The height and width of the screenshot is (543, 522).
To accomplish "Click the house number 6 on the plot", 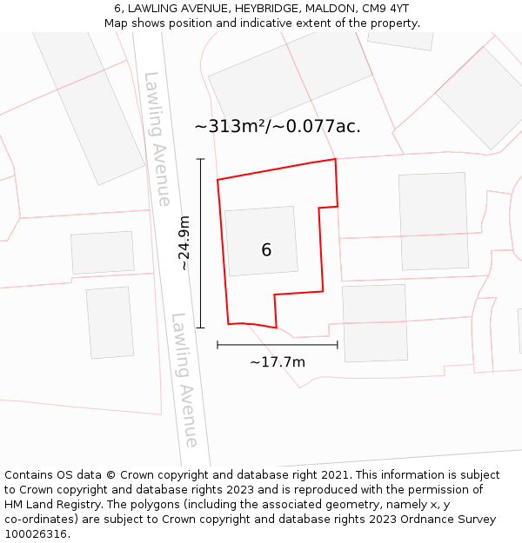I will (x=266, y=250).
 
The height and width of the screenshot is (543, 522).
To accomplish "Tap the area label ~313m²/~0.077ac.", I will (x=277, y=127).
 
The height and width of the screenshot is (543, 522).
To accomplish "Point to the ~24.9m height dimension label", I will (x=184, y=243).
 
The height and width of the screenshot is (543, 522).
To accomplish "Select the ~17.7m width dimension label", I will (x=278, y=361).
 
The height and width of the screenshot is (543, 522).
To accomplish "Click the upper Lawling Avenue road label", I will (x=157, y=139).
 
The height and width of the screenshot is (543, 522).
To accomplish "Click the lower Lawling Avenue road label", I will (x=185, y=380).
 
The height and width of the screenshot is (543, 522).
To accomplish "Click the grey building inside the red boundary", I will (x=261, y=241).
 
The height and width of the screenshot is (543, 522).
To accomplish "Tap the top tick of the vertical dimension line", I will (x=201, y=159).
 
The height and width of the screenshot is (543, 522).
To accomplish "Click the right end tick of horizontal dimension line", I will (x=338, y=345).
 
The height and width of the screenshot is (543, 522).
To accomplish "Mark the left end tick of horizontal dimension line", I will (x=217, y=345).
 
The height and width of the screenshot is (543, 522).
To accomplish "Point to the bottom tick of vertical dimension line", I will (x=201, y=328).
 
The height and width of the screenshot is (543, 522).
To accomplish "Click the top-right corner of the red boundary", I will (x=335, y=159).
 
